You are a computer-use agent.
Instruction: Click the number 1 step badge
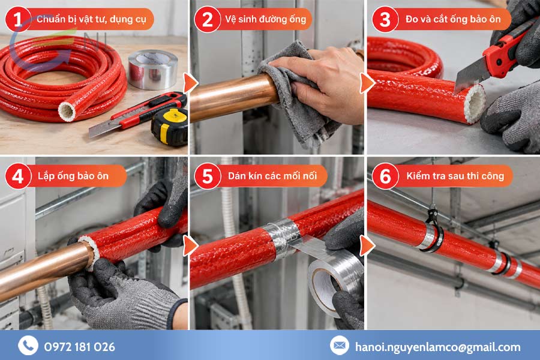coord(18,19)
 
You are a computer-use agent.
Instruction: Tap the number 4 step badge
coord(18,176)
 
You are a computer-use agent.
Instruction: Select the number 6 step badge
coord(385,176)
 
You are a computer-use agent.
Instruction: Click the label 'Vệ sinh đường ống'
coord(266,19)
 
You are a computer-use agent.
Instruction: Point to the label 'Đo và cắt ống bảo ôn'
coord(453,19)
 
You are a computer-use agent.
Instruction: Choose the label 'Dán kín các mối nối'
coord(272,176)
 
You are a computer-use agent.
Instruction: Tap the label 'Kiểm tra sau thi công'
coord(455,176)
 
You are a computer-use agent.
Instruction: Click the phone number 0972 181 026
coord(80,347)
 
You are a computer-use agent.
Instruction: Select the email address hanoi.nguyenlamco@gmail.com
coord(438,347)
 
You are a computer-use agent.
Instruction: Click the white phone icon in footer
coord(28,345)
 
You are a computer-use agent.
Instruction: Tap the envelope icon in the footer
coord(340,345)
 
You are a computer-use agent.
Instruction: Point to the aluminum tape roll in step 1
coord(152,69)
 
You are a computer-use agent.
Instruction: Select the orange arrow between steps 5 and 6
coord(367,245)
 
